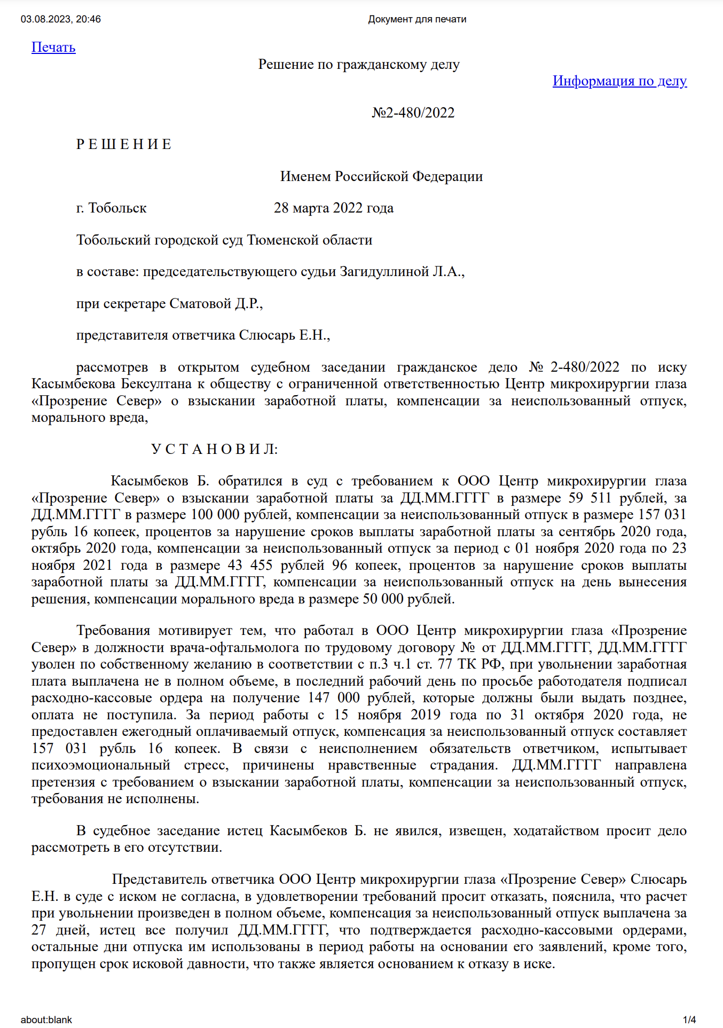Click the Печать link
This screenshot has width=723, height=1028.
[53, 48]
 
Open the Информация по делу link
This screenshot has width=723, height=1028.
[619, 81]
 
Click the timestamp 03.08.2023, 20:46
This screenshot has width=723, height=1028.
[61, 19]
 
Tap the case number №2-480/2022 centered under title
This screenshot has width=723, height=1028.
[413, 113]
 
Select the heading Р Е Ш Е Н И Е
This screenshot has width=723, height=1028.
[124, 145]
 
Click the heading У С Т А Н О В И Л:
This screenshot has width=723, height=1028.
[214, 449]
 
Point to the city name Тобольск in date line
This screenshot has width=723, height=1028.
[117, 208]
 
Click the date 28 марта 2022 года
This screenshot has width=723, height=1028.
[333, 208]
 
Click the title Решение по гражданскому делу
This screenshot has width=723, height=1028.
[359, 65]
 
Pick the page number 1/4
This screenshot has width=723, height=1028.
[689, 1019]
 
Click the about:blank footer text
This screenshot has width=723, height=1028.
[46, 1019]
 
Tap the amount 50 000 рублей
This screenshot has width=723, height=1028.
[408, 599]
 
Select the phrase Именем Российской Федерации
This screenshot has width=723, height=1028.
[381, 177]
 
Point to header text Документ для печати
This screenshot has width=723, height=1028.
[417, 19]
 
